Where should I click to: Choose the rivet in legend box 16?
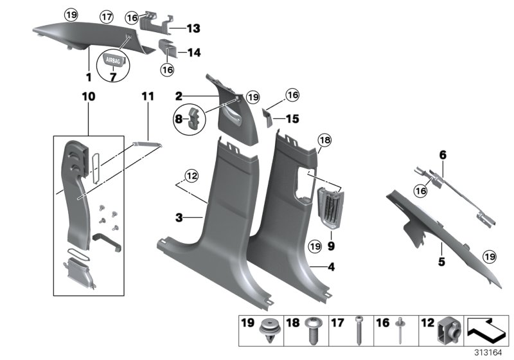[x=400, y=332]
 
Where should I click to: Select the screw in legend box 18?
[x=315, y=332]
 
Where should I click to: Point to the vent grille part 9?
[x=333, y=208]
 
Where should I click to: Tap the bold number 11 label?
[x=148, y=96]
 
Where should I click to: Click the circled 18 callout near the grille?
[x=323, y=141]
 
